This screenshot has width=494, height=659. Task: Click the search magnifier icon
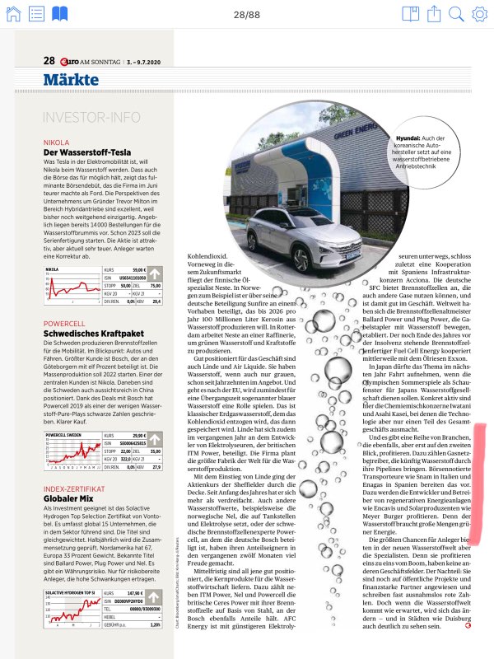[457, 14]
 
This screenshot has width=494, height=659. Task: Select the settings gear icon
[479, 14]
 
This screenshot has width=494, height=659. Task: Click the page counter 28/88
[247, 14]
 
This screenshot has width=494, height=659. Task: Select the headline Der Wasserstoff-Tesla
[91, 152]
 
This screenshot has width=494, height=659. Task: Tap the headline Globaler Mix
[75, 475]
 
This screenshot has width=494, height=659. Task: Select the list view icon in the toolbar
[36, 14]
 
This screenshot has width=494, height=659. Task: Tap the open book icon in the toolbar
[59, 14]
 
